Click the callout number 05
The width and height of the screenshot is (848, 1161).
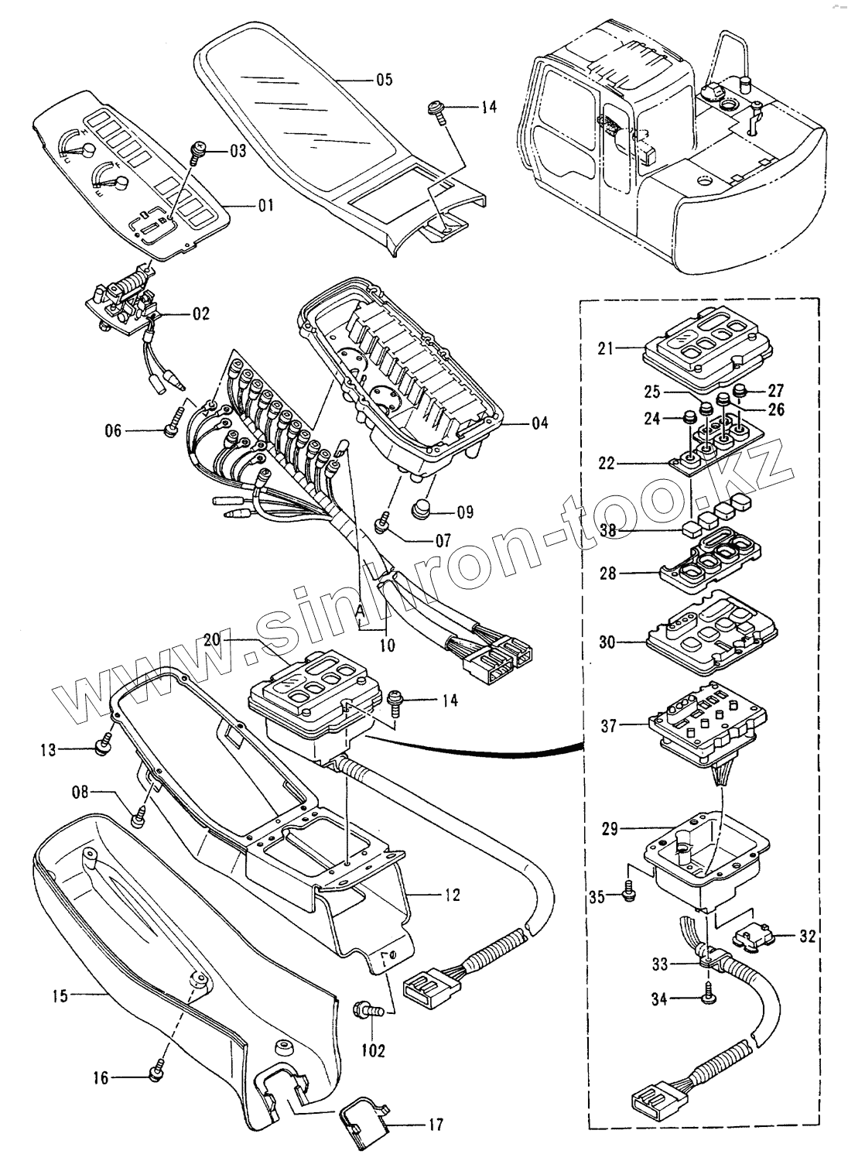click(x=384, y=79)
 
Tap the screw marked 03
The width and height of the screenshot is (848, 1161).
click(x=198, y=149)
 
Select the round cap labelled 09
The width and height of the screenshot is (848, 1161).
click(x=422, y=511)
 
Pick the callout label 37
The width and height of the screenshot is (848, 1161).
click(x=608, y=725)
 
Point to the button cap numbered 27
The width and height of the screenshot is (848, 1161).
click(x=741, y=389)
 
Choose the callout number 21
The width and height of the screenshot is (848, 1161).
click(x=605, y=348)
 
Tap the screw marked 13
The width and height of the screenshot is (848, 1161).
click(x=101, y=747)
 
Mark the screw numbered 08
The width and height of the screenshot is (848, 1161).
click(x=139, y=813)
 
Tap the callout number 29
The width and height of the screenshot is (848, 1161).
click(x=609, y=828)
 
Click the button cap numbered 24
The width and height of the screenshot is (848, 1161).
click(x=686, y=419)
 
